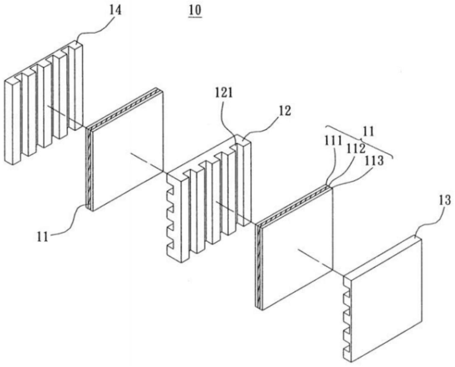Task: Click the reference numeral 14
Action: click(115, 11)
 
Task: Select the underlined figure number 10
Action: click(195, 11)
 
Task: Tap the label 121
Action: click(224, 93)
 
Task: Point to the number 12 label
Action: click(285, 111)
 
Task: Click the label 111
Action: click(333, 140)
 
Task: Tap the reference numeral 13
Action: click(444, 200)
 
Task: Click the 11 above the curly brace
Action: click(368, 132)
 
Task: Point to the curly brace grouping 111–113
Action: click(360, 141)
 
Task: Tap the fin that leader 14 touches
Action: click(76, 85)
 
